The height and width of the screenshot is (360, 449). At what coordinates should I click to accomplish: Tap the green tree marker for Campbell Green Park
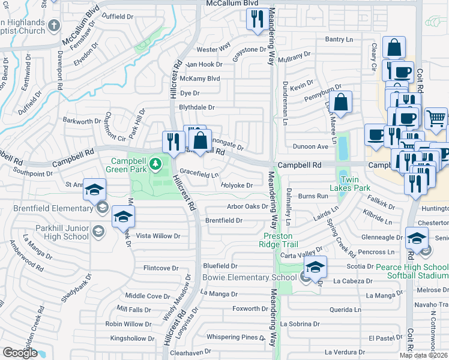[x=155, y=163]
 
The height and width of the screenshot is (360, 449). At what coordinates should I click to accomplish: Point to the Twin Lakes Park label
[x=354, y=184]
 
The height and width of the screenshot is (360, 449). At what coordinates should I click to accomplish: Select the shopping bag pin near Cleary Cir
[x=394, y=47]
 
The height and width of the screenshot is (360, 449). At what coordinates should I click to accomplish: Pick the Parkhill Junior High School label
[x=61, y=232]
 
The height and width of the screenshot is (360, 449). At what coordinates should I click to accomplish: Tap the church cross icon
[x=53, y=25]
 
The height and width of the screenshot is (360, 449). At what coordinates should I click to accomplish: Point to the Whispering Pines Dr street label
[x=236, y=337]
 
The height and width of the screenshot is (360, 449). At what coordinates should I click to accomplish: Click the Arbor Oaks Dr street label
[x=247, y=206]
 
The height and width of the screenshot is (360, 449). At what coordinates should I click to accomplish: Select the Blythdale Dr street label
[x=197, y=107]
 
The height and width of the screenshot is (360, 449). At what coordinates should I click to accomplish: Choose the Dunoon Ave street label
[x=310, y=146]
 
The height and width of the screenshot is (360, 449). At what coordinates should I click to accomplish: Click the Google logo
[x=20, y=352]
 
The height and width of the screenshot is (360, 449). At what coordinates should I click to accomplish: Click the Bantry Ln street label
[x=339, y=40]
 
